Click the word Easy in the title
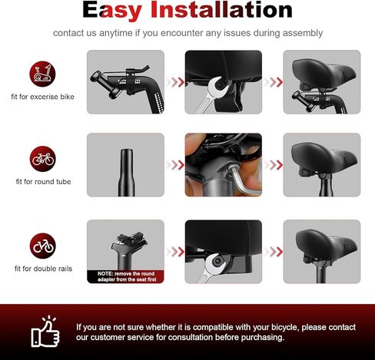(x=112, y=11)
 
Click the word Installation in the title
(x=221, y=10)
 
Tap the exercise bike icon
(x=42, y=74)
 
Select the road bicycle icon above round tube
(x=42, y=159)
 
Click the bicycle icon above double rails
(x=42, y=246)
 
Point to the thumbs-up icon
(x=45, y=332)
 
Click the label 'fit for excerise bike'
(x=42, y=97)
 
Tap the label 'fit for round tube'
(x=43, y=182)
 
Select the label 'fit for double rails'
(x=43, y=269)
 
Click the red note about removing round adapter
(x=125, y=276)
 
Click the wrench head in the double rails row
(x=214, y=263)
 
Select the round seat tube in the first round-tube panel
(x=126, y=173)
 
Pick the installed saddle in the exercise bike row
(x=324, y=73)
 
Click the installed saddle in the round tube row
(x=324, y=157)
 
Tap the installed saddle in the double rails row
(x=326, y=244)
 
